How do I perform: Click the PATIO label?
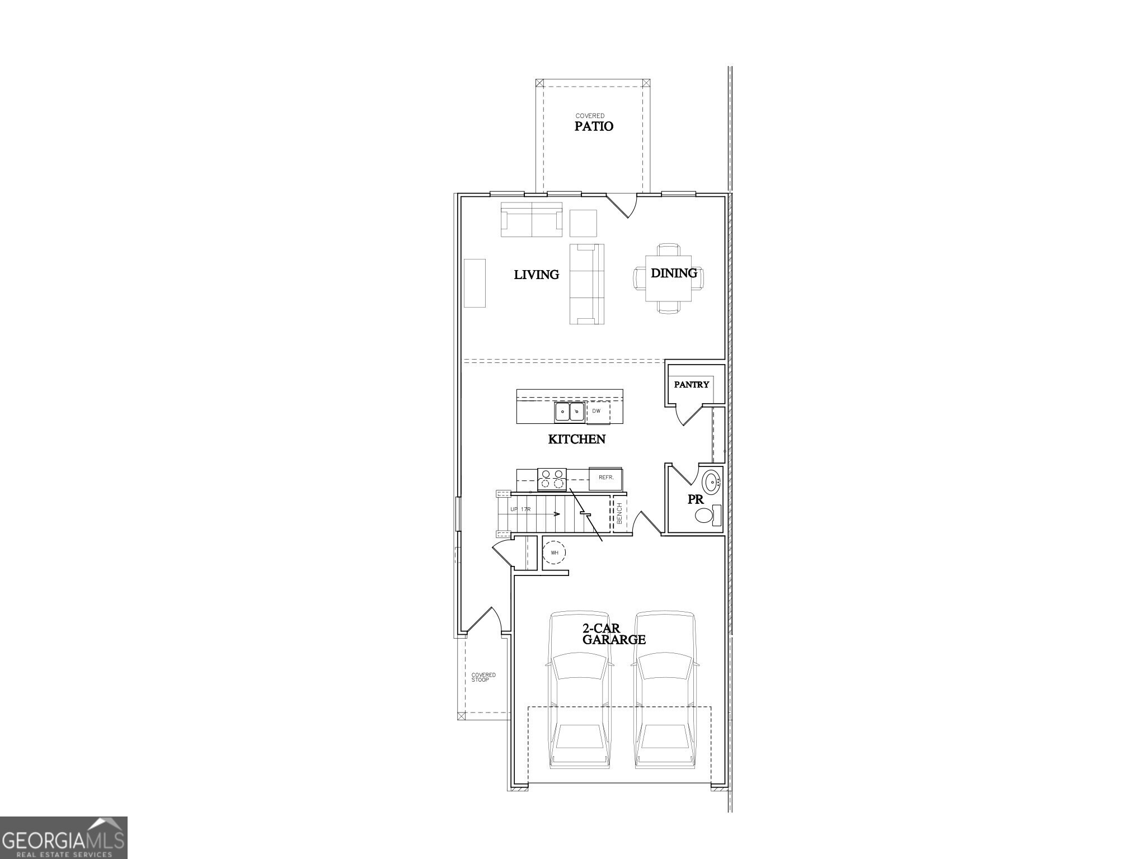(x=594, y=126)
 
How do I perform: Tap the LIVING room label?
(x=536, y=275)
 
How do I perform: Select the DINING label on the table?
(x=674, y=273)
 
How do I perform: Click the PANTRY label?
(x=691, y=385)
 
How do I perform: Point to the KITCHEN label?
(x=576, y=439)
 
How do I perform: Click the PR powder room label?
(x=695, y=500)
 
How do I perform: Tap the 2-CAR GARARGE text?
(x=613, y=634)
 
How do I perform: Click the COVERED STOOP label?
(x=483, y=677)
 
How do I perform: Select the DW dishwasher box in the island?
(x=597, y=412)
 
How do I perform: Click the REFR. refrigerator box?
(x=606, y=478)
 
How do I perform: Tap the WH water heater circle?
(x=555, y=553)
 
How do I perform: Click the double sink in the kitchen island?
(x=569, y=412)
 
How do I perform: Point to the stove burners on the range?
(x=552, y=479)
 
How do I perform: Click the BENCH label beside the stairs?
(x=619, y=513)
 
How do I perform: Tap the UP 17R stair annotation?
(x=520, y=509)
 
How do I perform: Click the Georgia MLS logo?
(x=63, y=838)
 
